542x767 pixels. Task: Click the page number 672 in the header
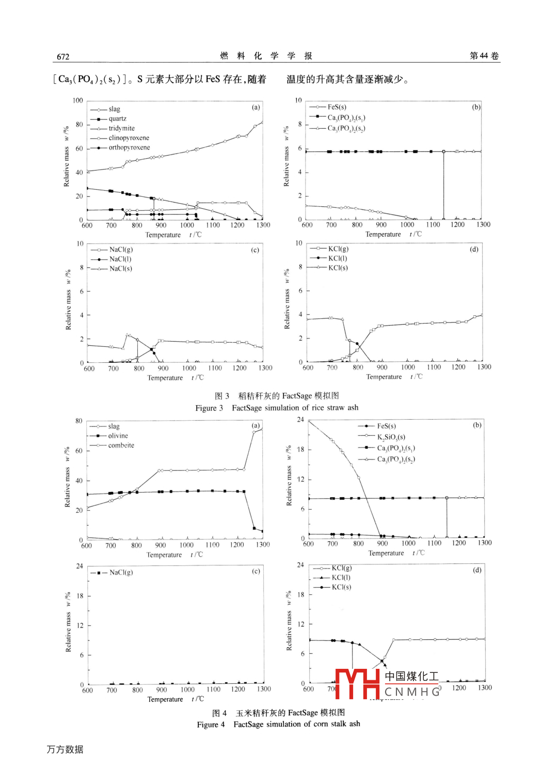63,57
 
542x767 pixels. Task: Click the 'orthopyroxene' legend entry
129,148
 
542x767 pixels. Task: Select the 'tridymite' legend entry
121,129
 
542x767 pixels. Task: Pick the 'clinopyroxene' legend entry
129,138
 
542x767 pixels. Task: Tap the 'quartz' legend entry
117,119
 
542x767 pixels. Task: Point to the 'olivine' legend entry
118,436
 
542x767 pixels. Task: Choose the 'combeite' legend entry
121,446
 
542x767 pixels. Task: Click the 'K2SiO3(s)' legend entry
391,437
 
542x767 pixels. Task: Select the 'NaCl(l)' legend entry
120,259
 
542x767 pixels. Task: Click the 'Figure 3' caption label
209,408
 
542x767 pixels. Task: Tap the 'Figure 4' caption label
211,725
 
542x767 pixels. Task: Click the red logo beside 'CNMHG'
357,683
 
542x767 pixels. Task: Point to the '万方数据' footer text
65,749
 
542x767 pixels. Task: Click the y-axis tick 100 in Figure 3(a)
77,101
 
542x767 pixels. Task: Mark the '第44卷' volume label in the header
484,56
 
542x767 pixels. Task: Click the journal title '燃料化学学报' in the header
266,56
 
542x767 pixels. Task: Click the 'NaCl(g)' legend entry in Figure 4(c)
121,573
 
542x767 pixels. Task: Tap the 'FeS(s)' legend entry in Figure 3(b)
337,107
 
